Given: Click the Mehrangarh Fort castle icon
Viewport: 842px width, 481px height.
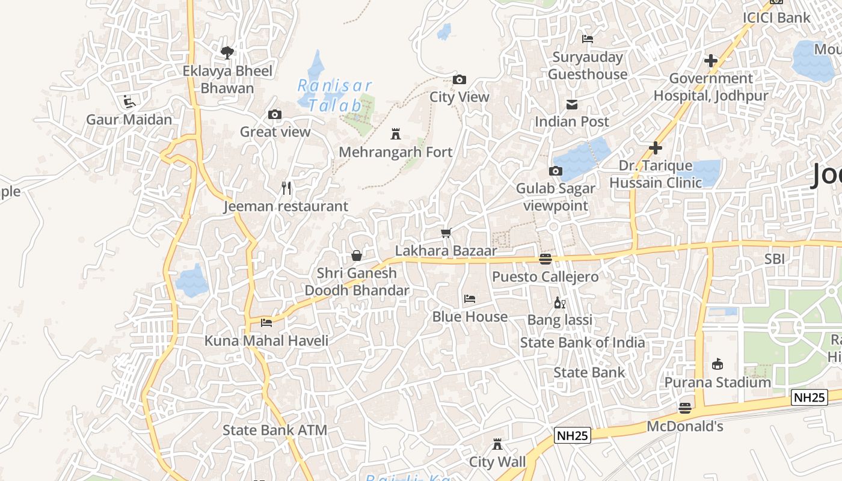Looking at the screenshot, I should click(x=396, y=133).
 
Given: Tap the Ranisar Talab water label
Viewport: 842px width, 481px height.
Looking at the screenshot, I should click(x=335, y=95).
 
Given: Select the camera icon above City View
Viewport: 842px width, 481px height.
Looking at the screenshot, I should click(x=459, y=79).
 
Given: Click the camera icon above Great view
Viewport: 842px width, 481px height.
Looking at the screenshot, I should click(x=275, y=114).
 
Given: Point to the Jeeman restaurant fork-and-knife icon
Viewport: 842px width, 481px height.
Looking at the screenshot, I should click(x=286, y=188).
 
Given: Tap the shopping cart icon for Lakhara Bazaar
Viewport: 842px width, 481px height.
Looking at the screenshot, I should click(x=446, y=233).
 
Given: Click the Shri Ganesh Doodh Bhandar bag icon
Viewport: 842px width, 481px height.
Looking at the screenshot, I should click(x=357, y=256).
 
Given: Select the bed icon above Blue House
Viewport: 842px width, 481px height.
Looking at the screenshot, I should click(x=470, y=298).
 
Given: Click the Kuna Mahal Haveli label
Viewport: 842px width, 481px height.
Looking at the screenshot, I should click(x=266, y=341).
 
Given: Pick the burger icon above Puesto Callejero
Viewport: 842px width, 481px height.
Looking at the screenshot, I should click(x=545, y=259).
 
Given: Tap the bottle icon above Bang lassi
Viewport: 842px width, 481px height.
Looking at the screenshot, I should click(x=559, y=302).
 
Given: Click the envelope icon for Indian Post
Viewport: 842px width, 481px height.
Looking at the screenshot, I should click(x=572, y=105).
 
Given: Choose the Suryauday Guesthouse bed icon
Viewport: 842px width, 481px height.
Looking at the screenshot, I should click(x=588, y=39).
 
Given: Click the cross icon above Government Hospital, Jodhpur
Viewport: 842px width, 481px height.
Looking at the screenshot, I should click(x=711, y=61).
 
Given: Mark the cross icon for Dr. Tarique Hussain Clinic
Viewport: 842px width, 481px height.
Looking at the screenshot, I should click(x=656, y=148).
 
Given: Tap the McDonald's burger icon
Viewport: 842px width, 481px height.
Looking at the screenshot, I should click(x=684, y=409).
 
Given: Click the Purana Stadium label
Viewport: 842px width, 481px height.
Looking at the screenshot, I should click(x=718, y=382).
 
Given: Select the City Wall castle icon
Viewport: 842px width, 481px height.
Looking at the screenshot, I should click(x=497, y=444).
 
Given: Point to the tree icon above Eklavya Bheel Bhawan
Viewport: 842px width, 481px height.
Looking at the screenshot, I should click(x=227, y=53).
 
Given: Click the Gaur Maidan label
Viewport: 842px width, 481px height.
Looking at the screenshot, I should click(x=129, y=119).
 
